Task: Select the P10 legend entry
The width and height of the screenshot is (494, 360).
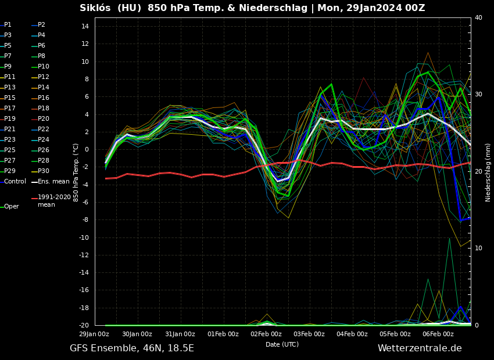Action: coord(44,67)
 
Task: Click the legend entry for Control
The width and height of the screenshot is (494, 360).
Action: coord(15,182)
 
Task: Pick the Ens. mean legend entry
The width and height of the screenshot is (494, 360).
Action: coord(53,182)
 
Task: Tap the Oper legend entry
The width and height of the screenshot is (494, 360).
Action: coord(12,207)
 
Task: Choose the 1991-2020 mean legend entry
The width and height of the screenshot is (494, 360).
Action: coord(54,201)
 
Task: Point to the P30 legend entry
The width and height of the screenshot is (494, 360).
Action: coord(44,171)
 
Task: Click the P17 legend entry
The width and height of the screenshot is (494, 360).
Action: coord(10,109)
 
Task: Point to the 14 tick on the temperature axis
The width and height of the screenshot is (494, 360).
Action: coord(84,27)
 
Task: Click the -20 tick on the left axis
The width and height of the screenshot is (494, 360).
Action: coord(83,326)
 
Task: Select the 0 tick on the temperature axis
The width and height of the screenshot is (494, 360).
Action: coord(86,150)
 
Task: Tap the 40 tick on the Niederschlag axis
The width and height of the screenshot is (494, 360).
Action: coord(478,18)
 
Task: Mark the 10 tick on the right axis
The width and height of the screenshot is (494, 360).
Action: coord(478,249)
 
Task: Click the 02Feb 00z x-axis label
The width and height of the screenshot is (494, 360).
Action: coord(266,334)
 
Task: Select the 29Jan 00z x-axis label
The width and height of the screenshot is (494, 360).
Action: coord(94,334)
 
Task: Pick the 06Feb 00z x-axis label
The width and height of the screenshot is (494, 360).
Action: coord(438,334)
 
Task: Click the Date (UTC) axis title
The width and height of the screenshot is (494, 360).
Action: coord(282,345)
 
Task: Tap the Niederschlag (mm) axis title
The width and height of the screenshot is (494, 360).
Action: coord(489,172)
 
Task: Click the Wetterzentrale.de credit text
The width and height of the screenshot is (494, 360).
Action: coord(420,348)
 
